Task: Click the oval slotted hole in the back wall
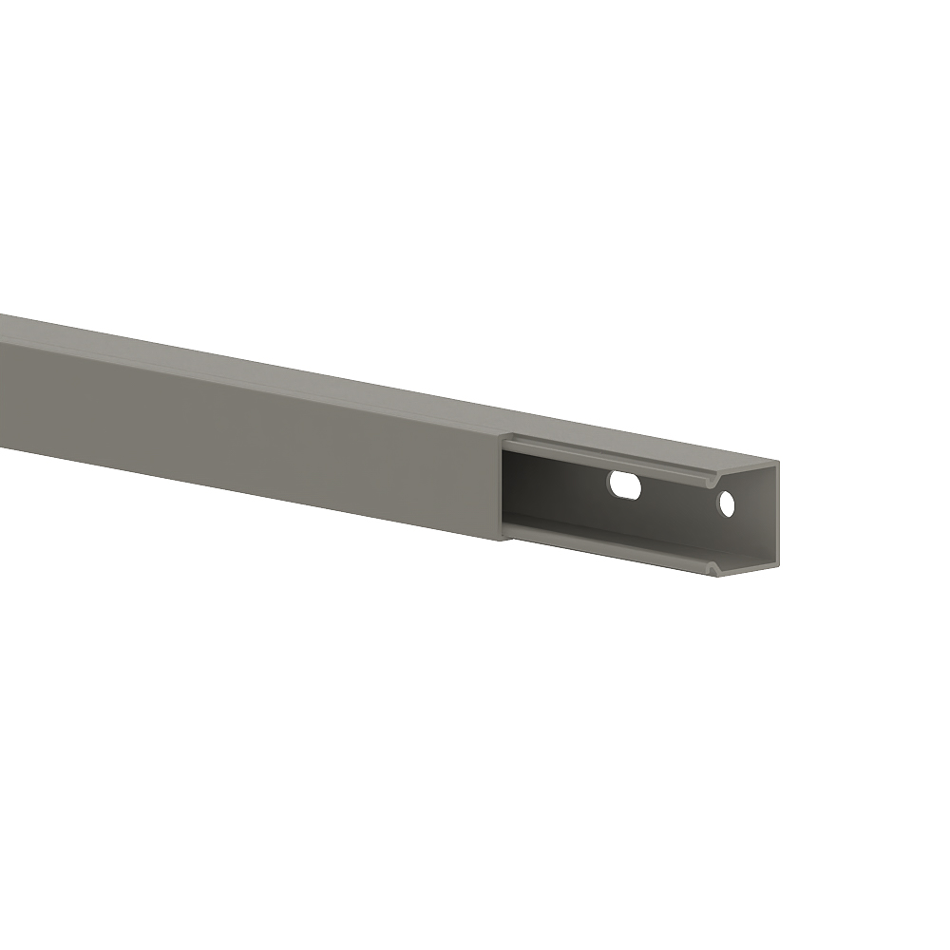click(625, 486)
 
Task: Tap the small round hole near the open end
click(727, 504)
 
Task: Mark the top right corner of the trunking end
click(778, 463)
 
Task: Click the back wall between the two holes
click(676, 499)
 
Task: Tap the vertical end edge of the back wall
click(777, 518)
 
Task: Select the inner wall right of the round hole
click(755, 513)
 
